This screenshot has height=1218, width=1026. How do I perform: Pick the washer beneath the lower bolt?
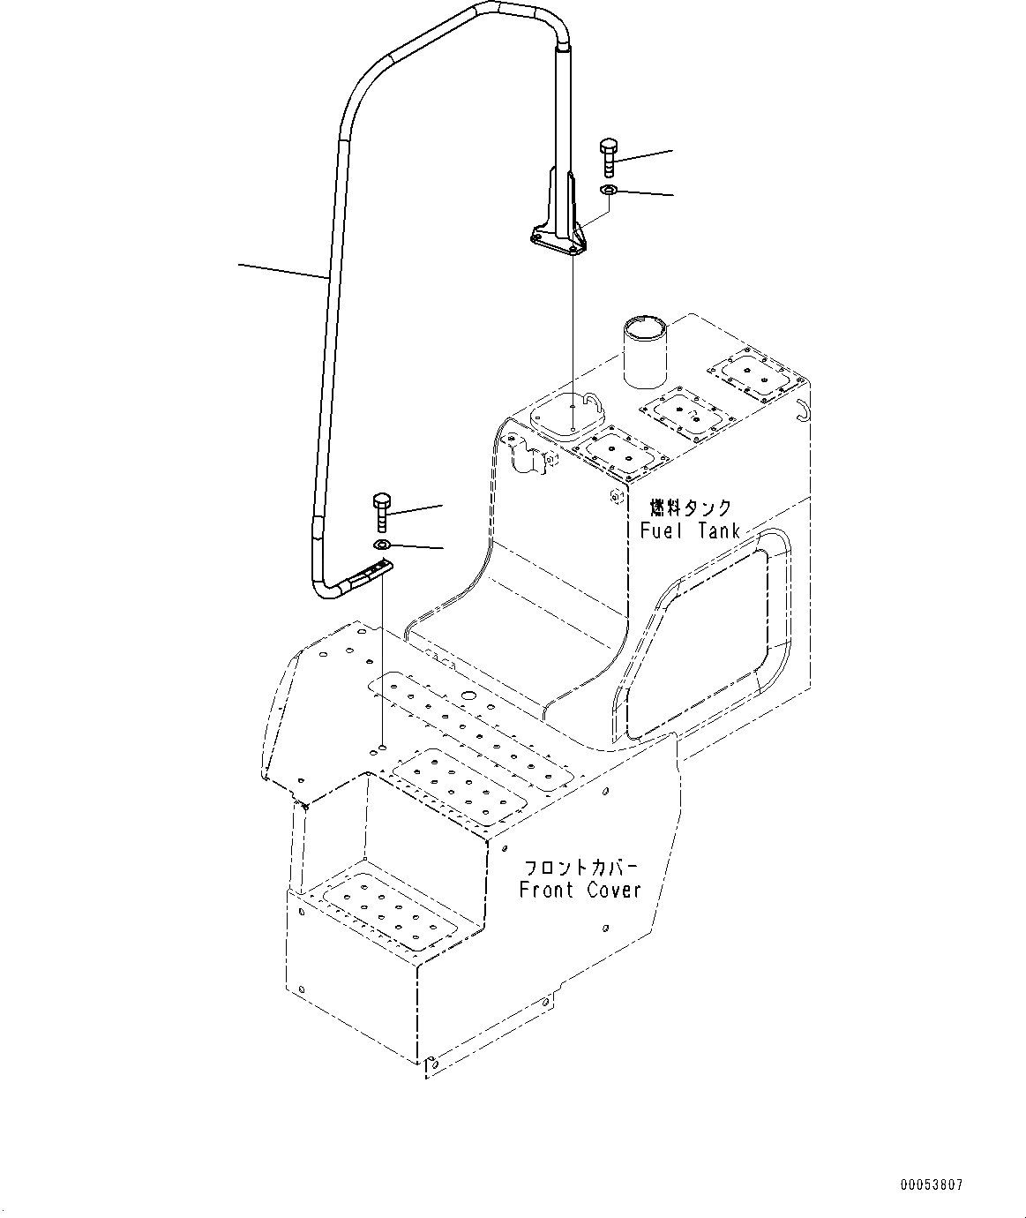click(x=381, y=545)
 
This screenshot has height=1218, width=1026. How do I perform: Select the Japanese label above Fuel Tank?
click(x=691, y=507)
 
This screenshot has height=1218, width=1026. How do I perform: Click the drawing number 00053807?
click(x=932, y=1184)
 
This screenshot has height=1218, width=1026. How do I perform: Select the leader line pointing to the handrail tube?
click(x=282, y=270)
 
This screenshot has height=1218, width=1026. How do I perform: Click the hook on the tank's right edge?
click(x=802, y=409)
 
